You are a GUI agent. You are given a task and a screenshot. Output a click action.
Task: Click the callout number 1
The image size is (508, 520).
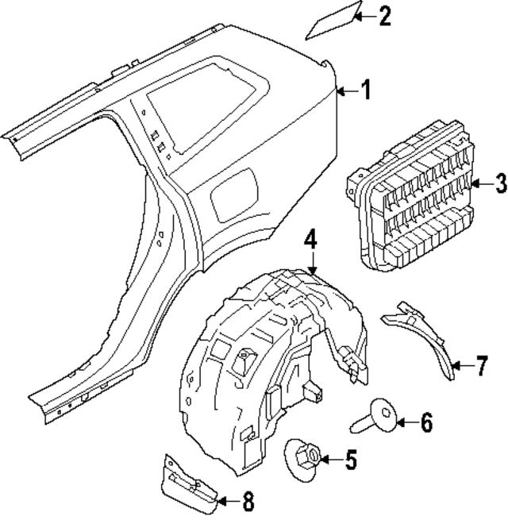(365, 91)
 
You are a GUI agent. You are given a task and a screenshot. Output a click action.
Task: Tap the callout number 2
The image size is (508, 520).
(384, 16)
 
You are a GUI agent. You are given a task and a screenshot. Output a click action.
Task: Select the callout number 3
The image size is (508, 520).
(499, 185)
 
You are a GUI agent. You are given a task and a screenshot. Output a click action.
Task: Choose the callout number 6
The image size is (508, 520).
(425, 423)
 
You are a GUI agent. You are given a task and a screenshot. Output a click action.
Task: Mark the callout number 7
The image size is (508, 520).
(482, 366)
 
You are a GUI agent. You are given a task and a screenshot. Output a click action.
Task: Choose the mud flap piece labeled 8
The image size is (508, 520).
(188, 484)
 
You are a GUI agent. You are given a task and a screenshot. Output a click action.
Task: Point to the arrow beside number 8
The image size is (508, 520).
(226, 500)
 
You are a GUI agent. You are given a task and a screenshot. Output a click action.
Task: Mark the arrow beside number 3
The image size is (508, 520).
(477, 185)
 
